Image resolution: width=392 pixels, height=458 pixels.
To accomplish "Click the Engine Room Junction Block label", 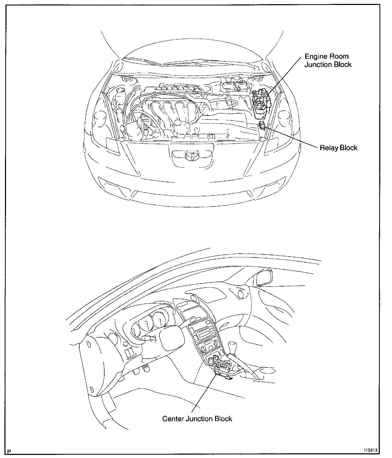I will coord(328,60).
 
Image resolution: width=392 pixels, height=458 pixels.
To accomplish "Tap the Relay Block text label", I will coord(338,148).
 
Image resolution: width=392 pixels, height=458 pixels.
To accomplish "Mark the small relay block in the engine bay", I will coord(262,126).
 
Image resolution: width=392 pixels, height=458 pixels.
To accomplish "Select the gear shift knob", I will coord(231,347).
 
